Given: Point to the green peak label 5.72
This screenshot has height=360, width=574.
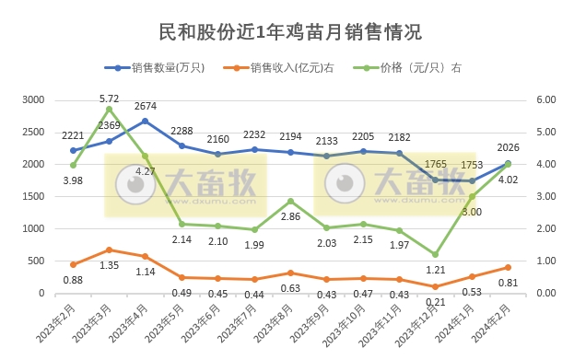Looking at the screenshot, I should [x=109, y=98].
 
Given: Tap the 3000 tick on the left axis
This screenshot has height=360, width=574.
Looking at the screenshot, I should [x=34, y=99].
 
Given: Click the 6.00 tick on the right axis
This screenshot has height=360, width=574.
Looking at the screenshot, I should [x=545, y=99].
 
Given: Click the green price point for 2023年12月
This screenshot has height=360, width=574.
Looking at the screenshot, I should [x=435, y=254].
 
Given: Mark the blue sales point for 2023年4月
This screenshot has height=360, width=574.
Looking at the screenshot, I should [x=146, y=121].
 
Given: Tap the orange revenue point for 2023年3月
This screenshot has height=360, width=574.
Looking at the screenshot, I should [x=110, y=250].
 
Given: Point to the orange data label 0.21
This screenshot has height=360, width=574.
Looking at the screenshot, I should [x=435, y=301].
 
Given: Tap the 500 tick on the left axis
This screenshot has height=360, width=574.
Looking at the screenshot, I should [x=37, y=261].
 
